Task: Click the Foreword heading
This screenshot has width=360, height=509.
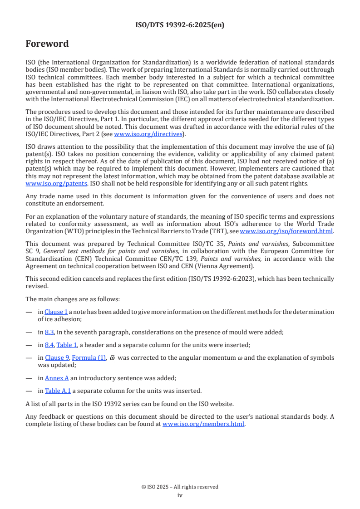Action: click(47, 44)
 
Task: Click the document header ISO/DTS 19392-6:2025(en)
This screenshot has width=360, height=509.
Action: click(180, 25)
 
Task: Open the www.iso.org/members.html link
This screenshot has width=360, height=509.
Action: click(203, 424)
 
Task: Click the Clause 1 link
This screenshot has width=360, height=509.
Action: click(56, 312)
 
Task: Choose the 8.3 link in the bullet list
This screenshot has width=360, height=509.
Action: click(49, 332)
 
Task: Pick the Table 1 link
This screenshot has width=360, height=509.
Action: click(66, 345)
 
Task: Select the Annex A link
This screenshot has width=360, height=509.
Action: click(57, 378)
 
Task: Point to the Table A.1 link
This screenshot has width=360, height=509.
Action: click(58, 391)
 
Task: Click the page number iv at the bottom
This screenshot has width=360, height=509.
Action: click(180, 495)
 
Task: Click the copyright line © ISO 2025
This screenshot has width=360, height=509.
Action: click(180, 487)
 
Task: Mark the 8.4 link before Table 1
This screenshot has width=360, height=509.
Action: click(49, 345)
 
